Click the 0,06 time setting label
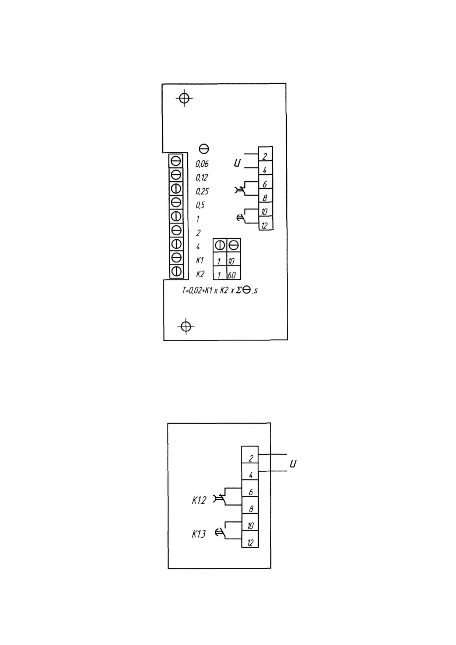point(202,164)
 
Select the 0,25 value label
point(202,191)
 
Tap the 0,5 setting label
point(200,205)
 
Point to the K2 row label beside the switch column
point(200,274)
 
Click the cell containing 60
point(234,273)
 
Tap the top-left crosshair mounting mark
point(184,98)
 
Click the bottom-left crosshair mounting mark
point(186,326)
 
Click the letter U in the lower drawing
point(293,464)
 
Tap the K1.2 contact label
point(199,500)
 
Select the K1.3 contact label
point(199,534)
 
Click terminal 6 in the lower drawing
point(250,488)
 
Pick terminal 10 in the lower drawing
point(250,522)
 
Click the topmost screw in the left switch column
point(176,161)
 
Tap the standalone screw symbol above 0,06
point(204,149)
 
